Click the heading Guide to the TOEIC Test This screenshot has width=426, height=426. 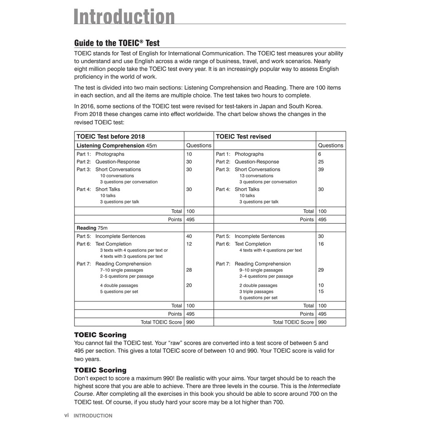117,43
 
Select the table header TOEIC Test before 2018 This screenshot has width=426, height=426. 111,136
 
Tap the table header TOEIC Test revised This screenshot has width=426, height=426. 243,136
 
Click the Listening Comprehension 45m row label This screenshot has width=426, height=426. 116,146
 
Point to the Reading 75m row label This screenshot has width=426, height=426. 92,228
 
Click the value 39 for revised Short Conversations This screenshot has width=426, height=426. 321,169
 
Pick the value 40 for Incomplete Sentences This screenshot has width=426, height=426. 189,236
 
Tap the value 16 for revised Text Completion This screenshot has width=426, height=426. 321,244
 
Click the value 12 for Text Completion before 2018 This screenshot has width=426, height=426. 189,244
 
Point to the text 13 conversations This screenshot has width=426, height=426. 256,176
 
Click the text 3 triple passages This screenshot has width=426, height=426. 256,292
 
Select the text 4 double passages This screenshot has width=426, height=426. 119,285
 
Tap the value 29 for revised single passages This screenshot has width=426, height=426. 321,270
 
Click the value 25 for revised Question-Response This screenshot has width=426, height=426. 321,162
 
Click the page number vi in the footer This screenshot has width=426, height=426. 67,415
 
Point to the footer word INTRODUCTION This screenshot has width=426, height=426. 93,416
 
